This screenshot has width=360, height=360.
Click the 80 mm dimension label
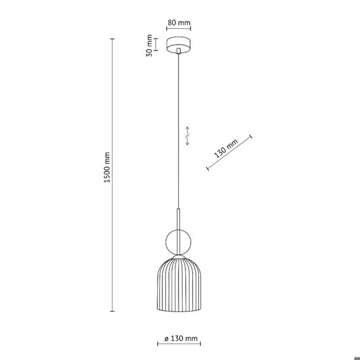point(179,23)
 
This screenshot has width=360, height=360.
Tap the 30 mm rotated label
point(149,45)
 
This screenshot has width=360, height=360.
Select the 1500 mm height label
point(107,167)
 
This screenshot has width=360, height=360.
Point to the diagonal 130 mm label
point(226,149)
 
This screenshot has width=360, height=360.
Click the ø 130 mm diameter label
point(181,338)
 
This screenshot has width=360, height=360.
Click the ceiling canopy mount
point(179,45)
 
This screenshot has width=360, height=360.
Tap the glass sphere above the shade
point(178,242)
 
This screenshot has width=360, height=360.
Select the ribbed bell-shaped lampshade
point(179,285)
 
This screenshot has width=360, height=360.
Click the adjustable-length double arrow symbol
point(187,136)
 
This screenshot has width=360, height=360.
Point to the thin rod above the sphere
point(179,219)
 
